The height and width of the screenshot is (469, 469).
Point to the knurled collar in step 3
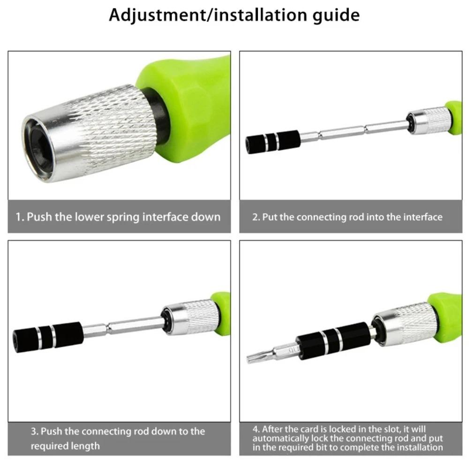[192, 317]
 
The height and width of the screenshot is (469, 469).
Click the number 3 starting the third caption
[34, 431]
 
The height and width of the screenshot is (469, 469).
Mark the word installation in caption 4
[418, 447]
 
